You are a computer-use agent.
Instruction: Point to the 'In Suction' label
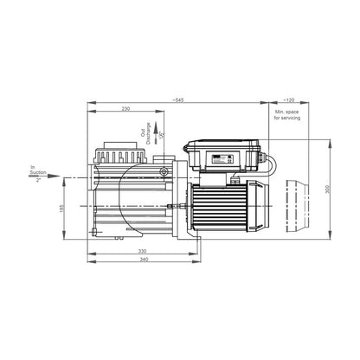35,173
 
